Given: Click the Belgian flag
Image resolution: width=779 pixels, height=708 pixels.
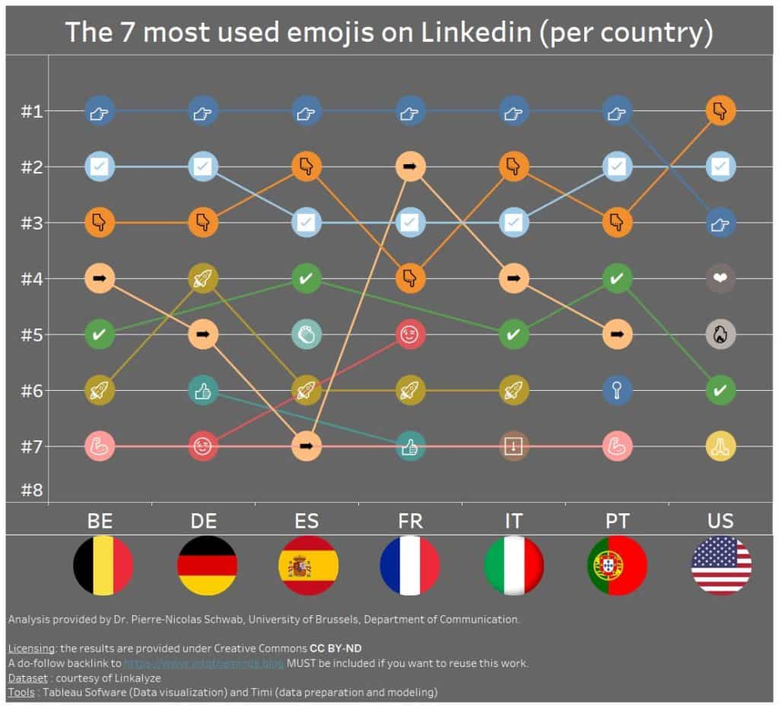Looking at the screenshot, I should (x=103, y=566).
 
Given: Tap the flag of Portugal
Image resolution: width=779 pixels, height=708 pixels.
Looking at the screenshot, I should (x=617, y=566).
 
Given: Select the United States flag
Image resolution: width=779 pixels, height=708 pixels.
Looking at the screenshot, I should (x=721, y=566).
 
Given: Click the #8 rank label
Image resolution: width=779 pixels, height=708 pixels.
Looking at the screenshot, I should (x=31, y=489).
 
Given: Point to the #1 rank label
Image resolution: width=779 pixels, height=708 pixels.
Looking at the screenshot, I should (x=31, y=111).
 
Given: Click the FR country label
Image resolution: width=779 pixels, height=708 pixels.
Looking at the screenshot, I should (x=409, y=521).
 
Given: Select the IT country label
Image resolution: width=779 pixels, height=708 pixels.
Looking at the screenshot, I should (x=514, y=521).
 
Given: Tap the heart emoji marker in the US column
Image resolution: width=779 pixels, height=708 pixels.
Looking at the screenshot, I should (x=720, y=278).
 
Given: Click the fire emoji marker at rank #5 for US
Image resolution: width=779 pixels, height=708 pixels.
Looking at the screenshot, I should (x=720, y=334).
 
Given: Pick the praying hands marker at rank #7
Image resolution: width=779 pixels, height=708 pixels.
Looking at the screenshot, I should (x=720, y=446).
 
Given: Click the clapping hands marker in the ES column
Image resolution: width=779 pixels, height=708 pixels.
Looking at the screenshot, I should (x=306, y=334).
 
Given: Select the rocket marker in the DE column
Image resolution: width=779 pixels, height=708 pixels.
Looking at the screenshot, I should (x=202, y=278).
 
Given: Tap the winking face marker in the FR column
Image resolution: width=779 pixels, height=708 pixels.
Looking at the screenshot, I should (x=409, y=334).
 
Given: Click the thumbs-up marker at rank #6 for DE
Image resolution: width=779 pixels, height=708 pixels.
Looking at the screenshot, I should (x=202, y=390).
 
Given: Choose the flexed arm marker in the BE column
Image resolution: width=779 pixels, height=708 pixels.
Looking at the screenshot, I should (x=100, y=446).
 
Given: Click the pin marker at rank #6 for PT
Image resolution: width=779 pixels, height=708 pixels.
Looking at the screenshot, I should (x=617, y=390).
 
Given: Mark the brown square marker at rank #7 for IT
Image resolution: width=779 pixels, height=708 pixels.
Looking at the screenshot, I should (x=514, y=446).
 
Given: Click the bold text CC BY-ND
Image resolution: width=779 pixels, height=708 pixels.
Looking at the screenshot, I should (x=335, y=648).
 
